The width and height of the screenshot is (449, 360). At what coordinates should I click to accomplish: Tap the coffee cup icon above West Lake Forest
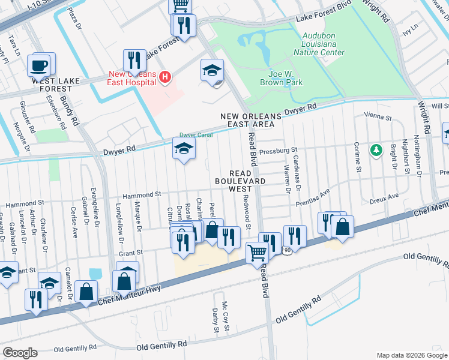[40, 65]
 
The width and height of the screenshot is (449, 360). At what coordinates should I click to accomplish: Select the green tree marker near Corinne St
[376, 149]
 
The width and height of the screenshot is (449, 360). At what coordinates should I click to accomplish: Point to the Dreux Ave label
[385, 196]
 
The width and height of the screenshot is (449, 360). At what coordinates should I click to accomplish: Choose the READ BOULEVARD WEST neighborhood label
[240, 180]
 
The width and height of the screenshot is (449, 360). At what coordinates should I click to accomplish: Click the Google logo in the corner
[20, 352]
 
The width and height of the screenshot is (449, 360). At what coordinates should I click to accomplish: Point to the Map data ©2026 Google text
[411, 355]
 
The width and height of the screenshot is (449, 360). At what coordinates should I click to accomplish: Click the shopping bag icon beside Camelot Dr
[86, 290]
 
